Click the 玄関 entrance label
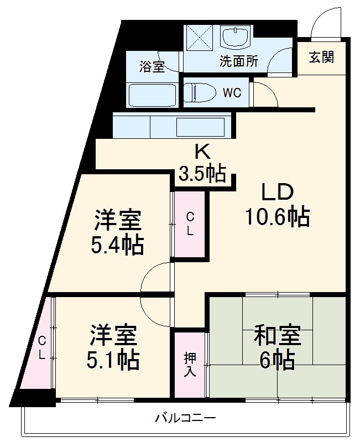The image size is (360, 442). (321, 58)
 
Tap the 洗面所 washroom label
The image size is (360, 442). (238, 62)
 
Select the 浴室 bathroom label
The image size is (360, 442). (152, 67)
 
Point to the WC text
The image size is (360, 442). (232, 93)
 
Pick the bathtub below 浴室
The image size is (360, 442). (151, 95)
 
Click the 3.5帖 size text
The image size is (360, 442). (202, 175)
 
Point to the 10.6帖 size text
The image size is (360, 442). (277, 217)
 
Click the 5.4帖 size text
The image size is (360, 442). (117, 245)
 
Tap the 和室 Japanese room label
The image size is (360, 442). (277, 336)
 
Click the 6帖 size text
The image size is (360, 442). (277, 361)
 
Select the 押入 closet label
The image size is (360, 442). (190, 365)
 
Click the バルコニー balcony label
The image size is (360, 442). (185, 419)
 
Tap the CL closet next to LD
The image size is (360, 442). (190, 224)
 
